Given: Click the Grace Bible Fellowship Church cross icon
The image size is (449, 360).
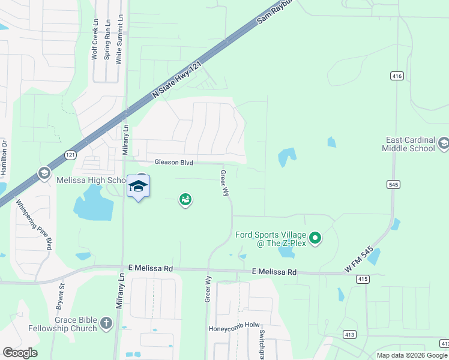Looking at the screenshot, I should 106,323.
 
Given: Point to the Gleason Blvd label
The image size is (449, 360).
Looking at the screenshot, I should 173,162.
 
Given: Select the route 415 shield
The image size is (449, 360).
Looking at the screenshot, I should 361,279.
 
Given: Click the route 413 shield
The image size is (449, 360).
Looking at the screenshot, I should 349,334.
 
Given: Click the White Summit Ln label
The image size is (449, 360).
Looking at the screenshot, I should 119,40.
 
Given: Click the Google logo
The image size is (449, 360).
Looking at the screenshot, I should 20,353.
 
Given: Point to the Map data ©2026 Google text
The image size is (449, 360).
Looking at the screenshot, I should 412,355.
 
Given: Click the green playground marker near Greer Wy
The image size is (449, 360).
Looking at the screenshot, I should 185,199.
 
